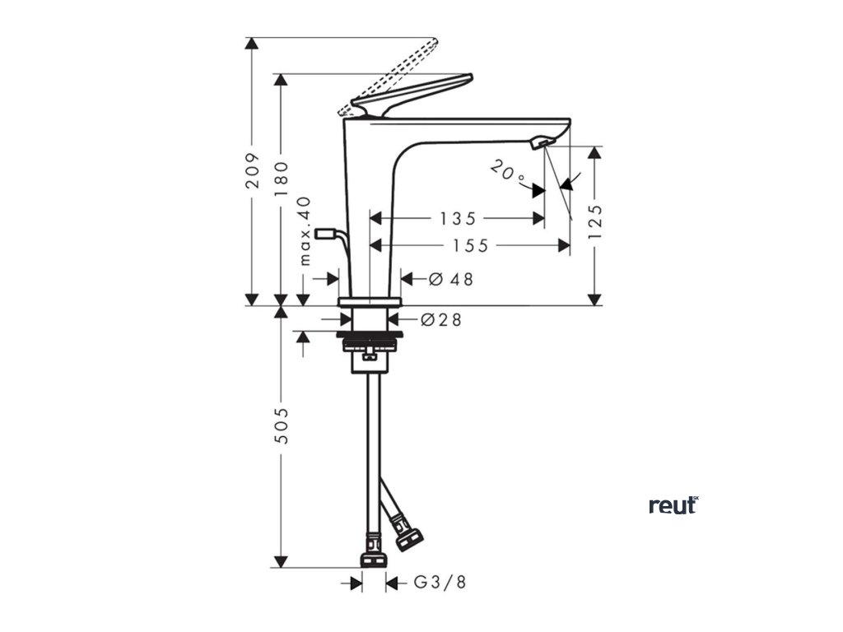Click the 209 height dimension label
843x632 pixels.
[254, 170]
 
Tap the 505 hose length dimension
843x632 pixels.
[281, 425]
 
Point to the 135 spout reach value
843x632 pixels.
[458, 219]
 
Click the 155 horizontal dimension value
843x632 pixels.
[470, 245]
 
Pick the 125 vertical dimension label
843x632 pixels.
[595, 221]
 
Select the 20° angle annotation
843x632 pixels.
[508, 173]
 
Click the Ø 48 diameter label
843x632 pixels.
[452, 279]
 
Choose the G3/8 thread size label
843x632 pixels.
[439, 583]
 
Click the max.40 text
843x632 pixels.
[305, 231]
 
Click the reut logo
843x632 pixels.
[673, 505]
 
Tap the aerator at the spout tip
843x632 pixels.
[541, 144]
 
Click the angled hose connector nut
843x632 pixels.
[408, 532]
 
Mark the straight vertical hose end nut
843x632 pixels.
[374, 554]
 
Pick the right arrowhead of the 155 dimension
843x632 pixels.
[565, 245]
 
